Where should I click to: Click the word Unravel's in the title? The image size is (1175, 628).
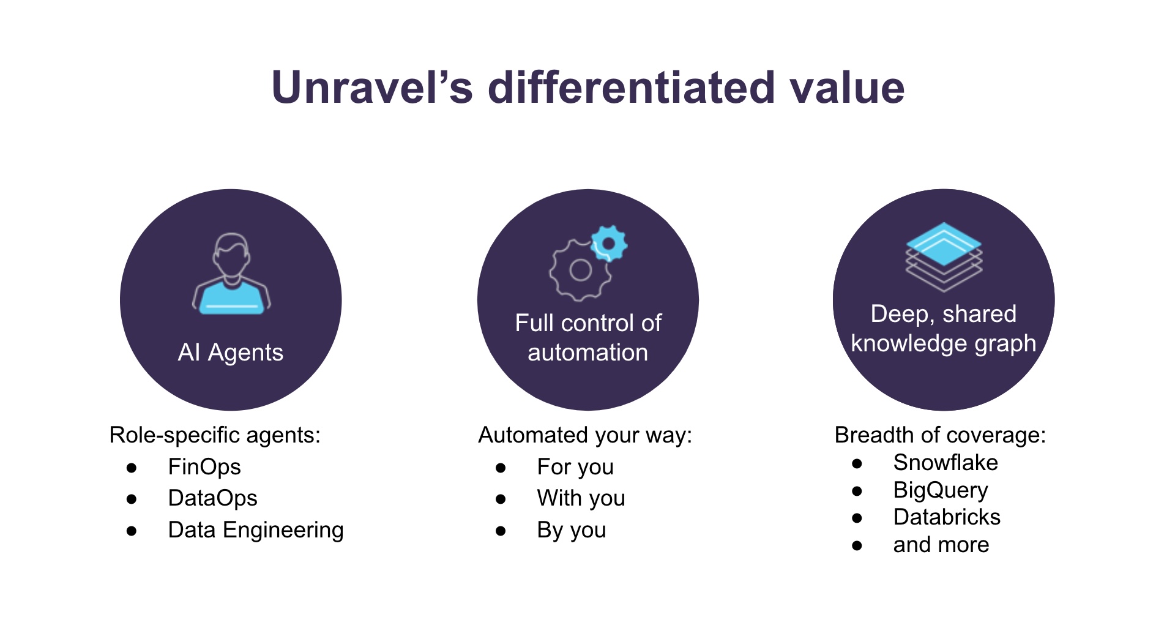[x=371, y=88]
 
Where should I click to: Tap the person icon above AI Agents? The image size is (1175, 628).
[x=231, y=274]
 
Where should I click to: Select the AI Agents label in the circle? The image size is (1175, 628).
[x=231, y=353]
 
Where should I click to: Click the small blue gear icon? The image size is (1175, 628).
[x=608, y=244]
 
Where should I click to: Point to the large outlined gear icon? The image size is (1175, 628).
[x=580, y=271]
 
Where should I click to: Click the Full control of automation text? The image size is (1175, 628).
[x=587, y=338]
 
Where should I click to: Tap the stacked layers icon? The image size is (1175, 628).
[x=944, y=256]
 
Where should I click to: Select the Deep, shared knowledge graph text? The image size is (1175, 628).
[x=943, y=329]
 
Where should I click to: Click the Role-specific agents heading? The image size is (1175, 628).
[x=215, y=435]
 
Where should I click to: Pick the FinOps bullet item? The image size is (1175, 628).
[x=204, y=467]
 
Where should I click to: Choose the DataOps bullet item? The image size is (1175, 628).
[x=212, y=498]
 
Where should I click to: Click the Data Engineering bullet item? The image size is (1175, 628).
[x=256, y=530]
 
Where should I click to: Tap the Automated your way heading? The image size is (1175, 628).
[x=584, y=435]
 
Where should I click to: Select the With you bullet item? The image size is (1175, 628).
[x=581, y=498]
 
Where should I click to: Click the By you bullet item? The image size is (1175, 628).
[x=571, y=530]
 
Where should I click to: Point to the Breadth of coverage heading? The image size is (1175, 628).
[x=940, y=435]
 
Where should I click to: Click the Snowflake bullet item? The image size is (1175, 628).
[x=945, y=463]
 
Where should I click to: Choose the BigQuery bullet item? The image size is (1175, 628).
[x=940, y=490]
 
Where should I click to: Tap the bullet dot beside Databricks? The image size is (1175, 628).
[x=857, y=518]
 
